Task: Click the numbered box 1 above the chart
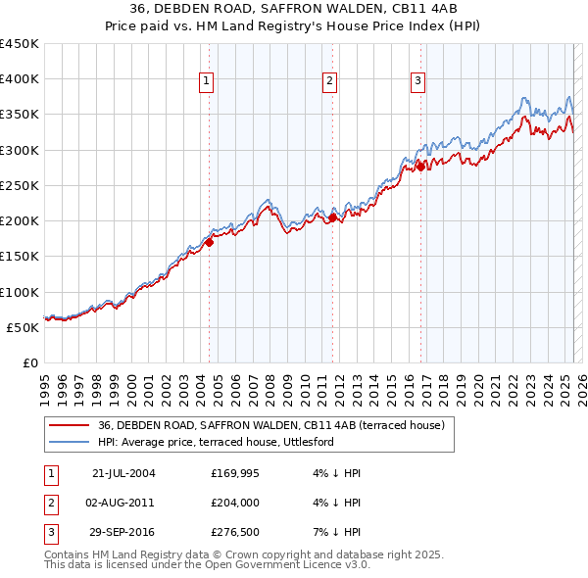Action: pyautogui.click(x=208, y=81)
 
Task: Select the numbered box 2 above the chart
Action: pyautogui.click(x=330, y=81)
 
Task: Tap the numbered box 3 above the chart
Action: pyautogui.click(x=417, y=81)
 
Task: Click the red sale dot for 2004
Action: pyautogui.click(x=210, y=242)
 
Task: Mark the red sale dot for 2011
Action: pyautogui.click(x=332, y=217)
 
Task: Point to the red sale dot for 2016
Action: pyautogui.click(x=421, y=167)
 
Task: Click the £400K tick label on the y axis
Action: pyautogui.click(x=20, y=79)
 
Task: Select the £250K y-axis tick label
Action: pyautogui.click(x=20, y=185)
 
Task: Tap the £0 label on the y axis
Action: pyautogui.click(x=30, y=362)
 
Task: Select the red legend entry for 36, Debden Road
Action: pyautogui.click(x=271, y=425)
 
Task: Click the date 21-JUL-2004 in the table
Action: pyautogui.click(x=123, y=473)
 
